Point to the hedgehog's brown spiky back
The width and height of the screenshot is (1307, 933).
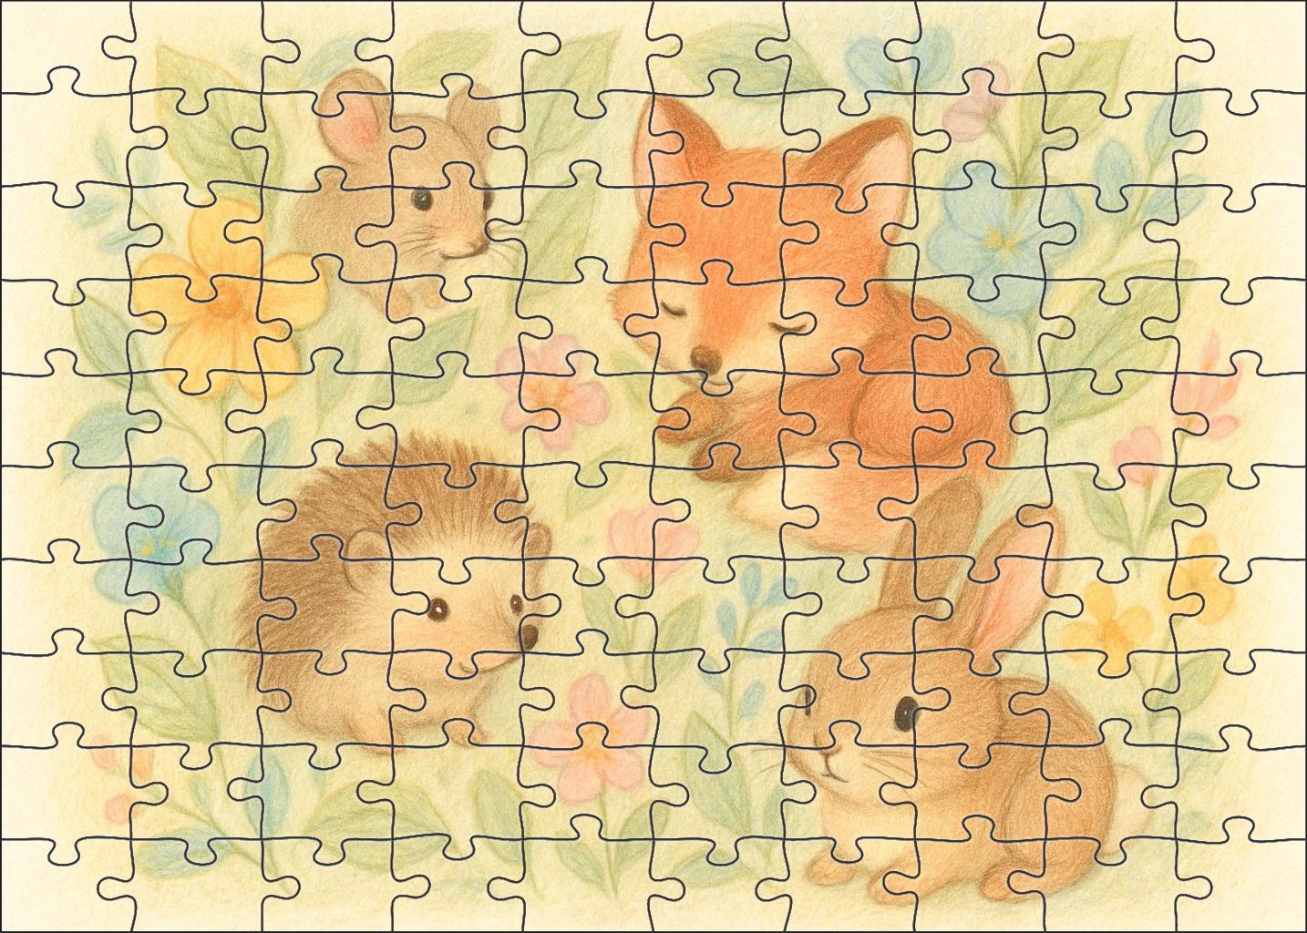(x=337, y=510)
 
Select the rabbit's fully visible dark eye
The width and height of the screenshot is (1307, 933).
(x=904, y=713)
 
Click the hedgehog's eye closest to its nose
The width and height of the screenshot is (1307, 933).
(x=517, y=603)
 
